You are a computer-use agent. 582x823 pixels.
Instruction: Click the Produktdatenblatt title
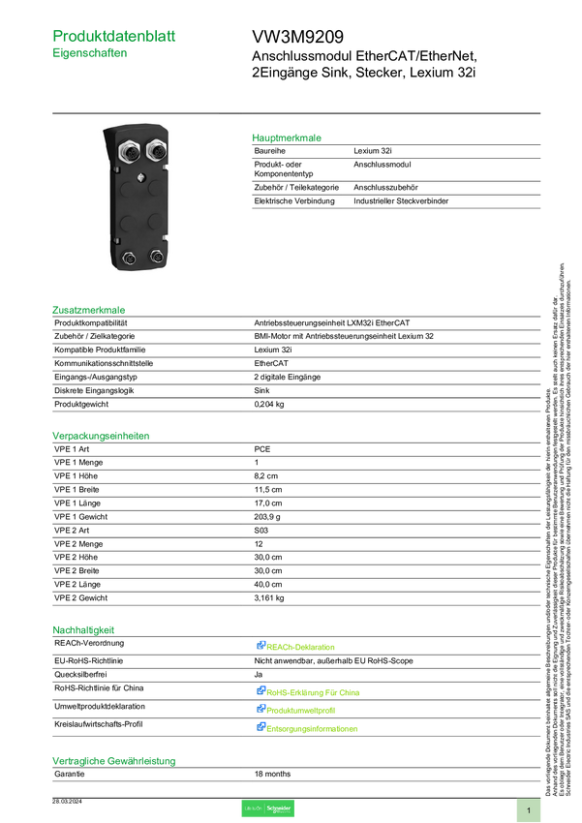(x=114, y=36)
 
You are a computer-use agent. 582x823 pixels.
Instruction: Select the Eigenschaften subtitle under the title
(x=89, y=54)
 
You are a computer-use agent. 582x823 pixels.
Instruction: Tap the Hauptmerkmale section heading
(x=287, y=137)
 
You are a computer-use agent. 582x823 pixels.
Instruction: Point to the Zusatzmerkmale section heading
(x=89, y=311)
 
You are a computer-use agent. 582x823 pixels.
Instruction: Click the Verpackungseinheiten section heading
(x=100, y=436)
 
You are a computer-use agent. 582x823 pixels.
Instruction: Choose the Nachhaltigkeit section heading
(x=83, y=629)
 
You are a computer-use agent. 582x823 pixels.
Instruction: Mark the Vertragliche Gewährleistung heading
(x=113, y=761)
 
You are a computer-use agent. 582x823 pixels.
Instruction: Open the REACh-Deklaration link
(x=302, y=646)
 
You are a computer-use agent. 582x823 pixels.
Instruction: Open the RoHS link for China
(x=315, y=692)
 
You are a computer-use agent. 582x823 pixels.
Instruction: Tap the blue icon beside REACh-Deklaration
(x=260, y=645)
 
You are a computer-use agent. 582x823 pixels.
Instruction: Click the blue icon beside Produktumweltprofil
(x=260, y=709)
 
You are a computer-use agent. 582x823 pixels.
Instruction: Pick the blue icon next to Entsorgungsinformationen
(x=260, y=726)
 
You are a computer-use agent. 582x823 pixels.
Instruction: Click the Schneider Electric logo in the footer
(x=267, y=808)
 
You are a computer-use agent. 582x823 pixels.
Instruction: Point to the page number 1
(x=529, y=809)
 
